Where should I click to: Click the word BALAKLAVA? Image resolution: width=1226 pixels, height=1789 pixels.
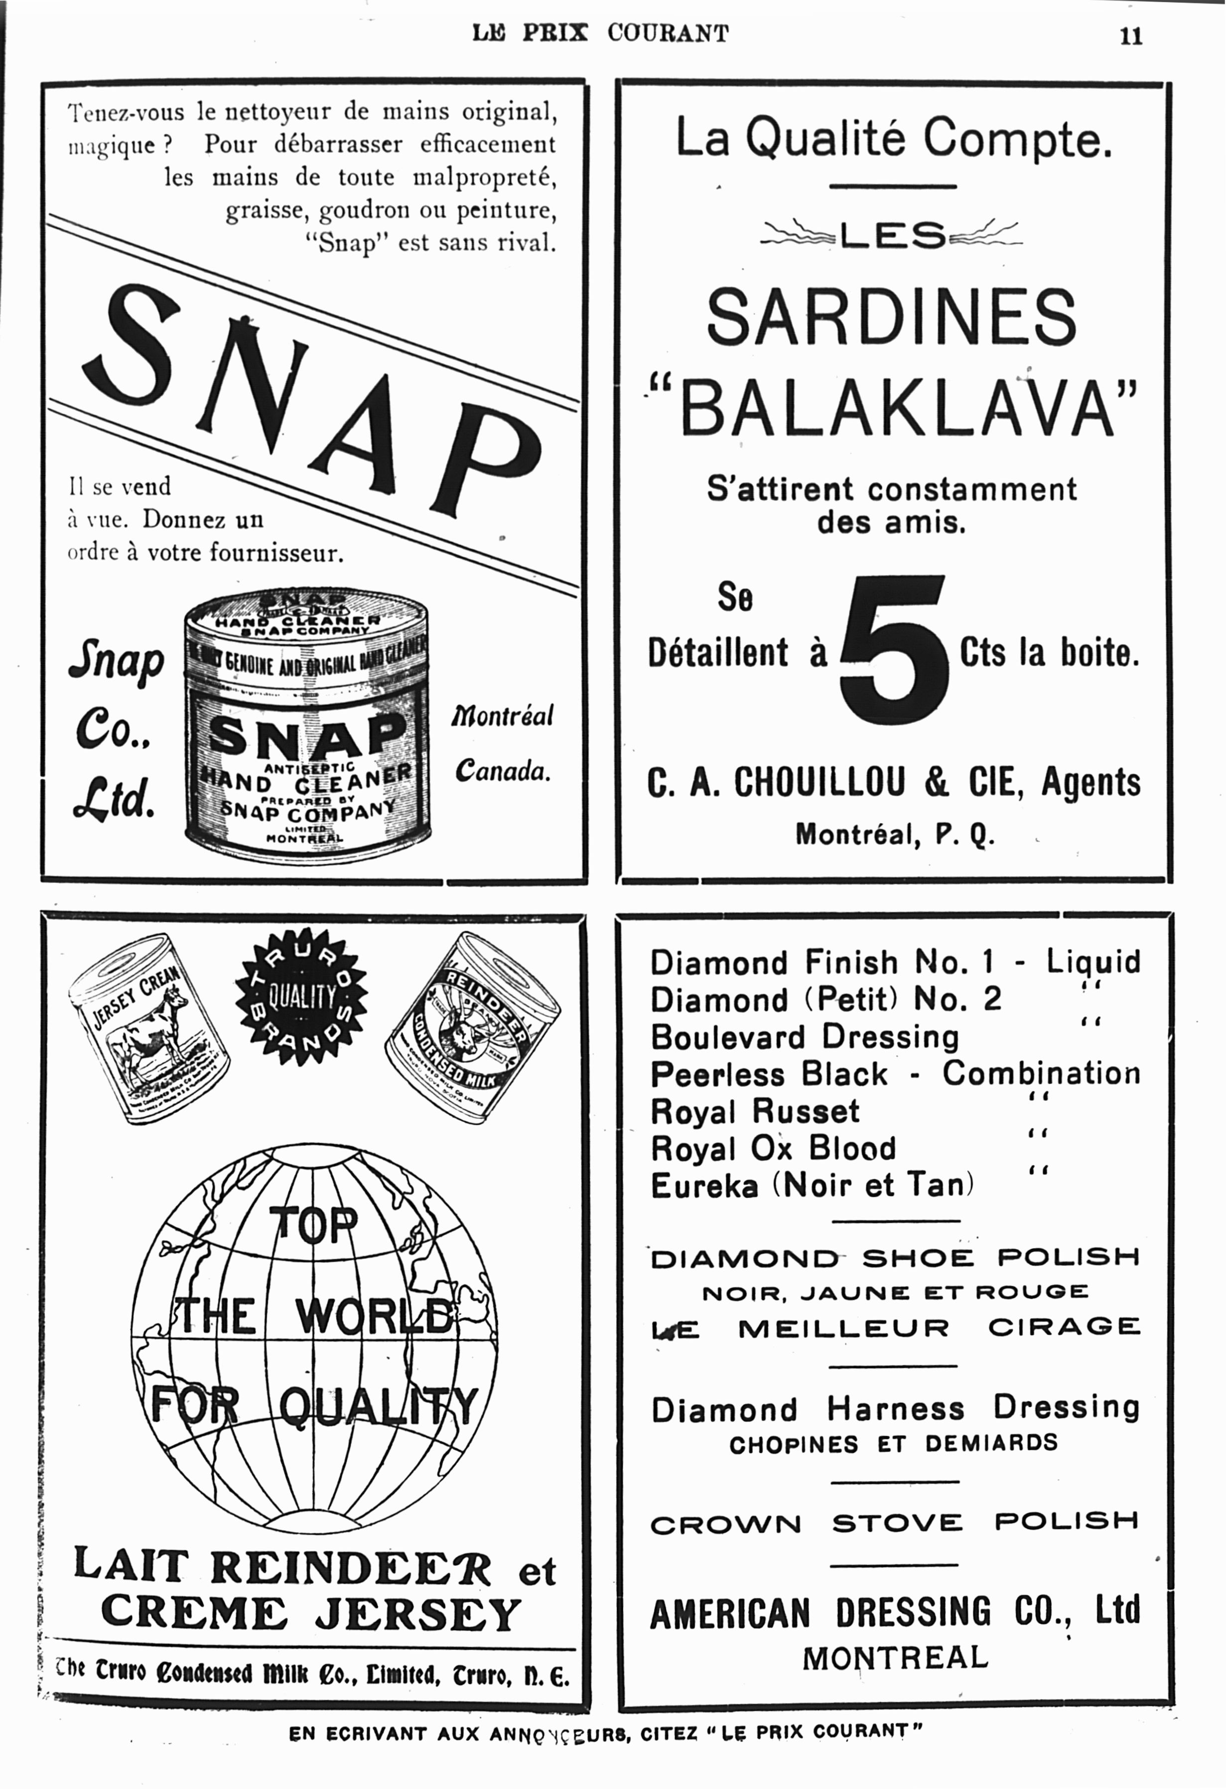point(897,407)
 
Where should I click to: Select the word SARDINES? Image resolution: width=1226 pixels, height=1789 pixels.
point(891,316)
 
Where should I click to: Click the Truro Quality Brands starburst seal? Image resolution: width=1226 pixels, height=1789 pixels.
point(300,997)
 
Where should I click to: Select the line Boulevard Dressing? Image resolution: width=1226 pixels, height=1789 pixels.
point(804,1037)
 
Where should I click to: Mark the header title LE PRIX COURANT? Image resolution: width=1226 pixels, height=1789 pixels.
point(600,33)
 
